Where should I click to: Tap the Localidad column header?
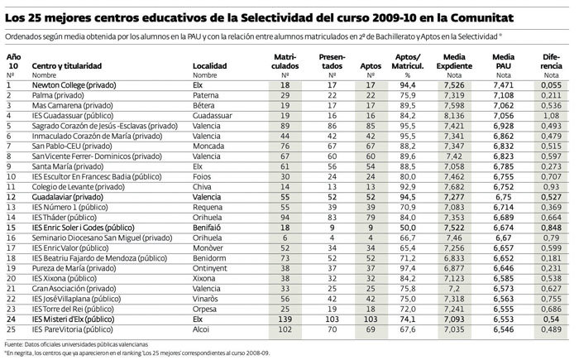click(210, 64)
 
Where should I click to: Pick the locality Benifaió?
click(208, 226)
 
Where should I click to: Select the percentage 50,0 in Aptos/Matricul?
click(405, 226)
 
